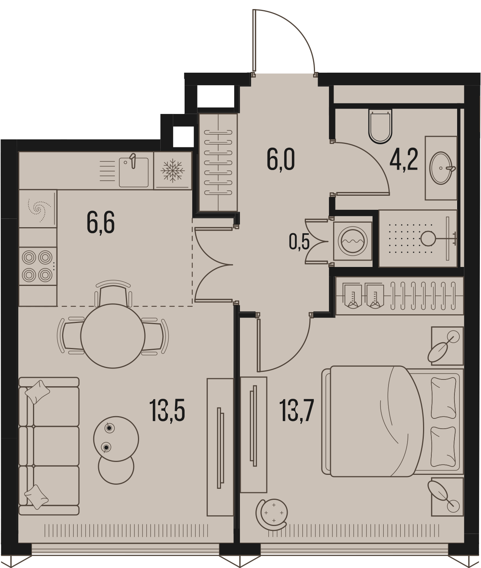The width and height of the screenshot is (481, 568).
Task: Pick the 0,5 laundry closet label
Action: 299,242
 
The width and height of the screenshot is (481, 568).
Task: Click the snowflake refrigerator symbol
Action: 172,170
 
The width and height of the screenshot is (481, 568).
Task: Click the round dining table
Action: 113,336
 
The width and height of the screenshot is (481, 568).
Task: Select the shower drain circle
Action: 428,238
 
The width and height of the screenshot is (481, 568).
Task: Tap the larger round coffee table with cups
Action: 116,439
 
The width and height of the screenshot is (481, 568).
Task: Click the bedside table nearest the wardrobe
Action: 447,346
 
